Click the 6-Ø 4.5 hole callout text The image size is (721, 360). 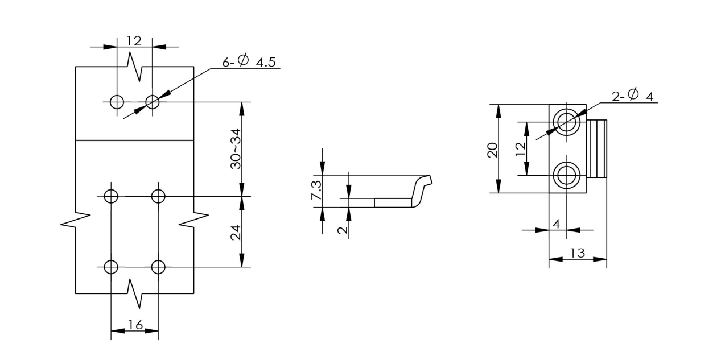pos(249,61)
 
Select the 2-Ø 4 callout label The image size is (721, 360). pos(632,96)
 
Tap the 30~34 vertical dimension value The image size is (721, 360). pos(235,148)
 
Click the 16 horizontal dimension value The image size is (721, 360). pos(135,325)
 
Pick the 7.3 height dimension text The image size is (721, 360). pos(316,190)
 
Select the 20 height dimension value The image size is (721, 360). pos(493,149)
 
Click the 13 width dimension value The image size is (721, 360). pos(577,253)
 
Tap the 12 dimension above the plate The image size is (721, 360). pos(134,40)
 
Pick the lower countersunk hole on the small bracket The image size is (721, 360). pos(567,175)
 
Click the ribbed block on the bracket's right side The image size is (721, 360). pos(597,148)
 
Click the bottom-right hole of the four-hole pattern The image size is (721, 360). pos(158,266)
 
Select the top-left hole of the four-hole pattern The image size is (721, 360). pos(111,196)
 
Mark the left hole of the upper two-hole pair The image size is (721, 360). pos(117,102)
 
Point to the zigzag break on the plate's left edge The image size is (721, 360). pos(76,220)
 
